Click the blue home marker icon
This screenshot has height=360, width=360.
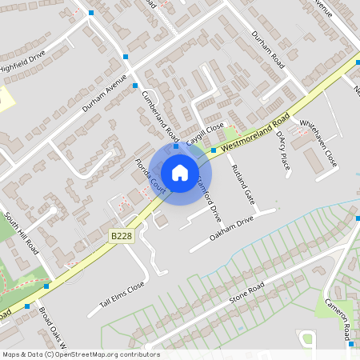click(x=180, y=172)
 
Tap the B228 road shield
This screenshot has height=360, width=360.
click(x=120, y=236)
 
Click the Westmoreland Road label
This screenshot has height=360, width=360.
click(x=255, y=134)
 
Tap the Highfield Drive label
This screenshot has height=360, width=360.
click(x=23, y=62)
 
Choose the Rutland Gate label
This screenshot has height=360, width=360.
click(x=242, y=184)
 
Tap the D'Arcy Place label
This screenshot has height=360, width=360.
click(x=281, y=150)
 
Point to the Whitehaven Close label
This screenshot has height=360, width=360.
click(x=318, y=144)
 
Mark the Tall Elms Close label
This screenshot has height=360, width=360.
click(x=122, y=294)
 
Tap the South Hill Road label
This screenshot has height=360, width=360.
click(x=22, y=234)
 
